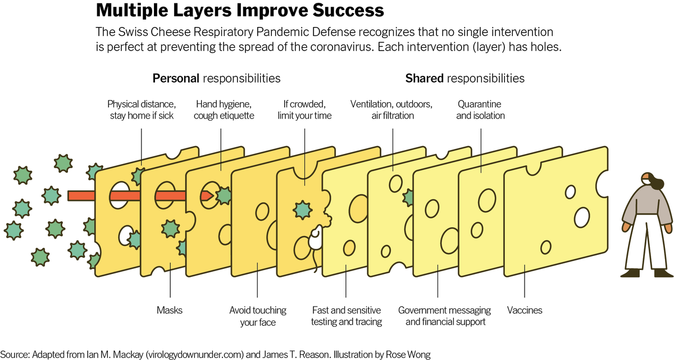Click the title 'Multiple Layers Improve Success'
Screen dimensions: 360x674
tap(240, 11)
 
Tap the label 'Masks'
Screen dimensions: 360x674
tap(170, 310)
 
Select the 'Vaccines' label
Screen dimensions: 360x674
tap(525, 310)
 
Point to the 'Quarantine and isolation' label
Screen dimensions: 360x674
tap(481, 110)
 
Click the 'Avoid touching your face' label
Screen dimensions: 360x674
tap(258, 316)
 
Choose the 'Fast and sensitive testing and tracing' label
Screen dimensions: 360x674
tap(347, 316)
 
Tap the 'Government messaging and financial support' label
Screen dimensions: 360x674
tap(444, 316)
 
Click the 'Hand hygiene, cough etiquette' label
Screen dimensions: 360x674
tap(225, 110)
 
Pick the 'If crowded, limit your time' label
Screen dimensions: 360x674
tap(304, 110)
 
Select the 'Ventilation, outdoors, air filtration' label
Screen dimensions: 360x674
tap(391, 110)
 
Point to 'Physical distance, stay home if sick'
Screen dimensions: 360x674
tap(142, 110)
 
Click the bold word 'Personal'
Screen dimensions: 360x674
tap(176, 78)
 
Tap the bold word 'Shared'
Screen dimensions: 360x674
tap(425, 78)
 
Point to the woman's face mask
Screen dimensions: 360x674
tap(646, 181)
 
